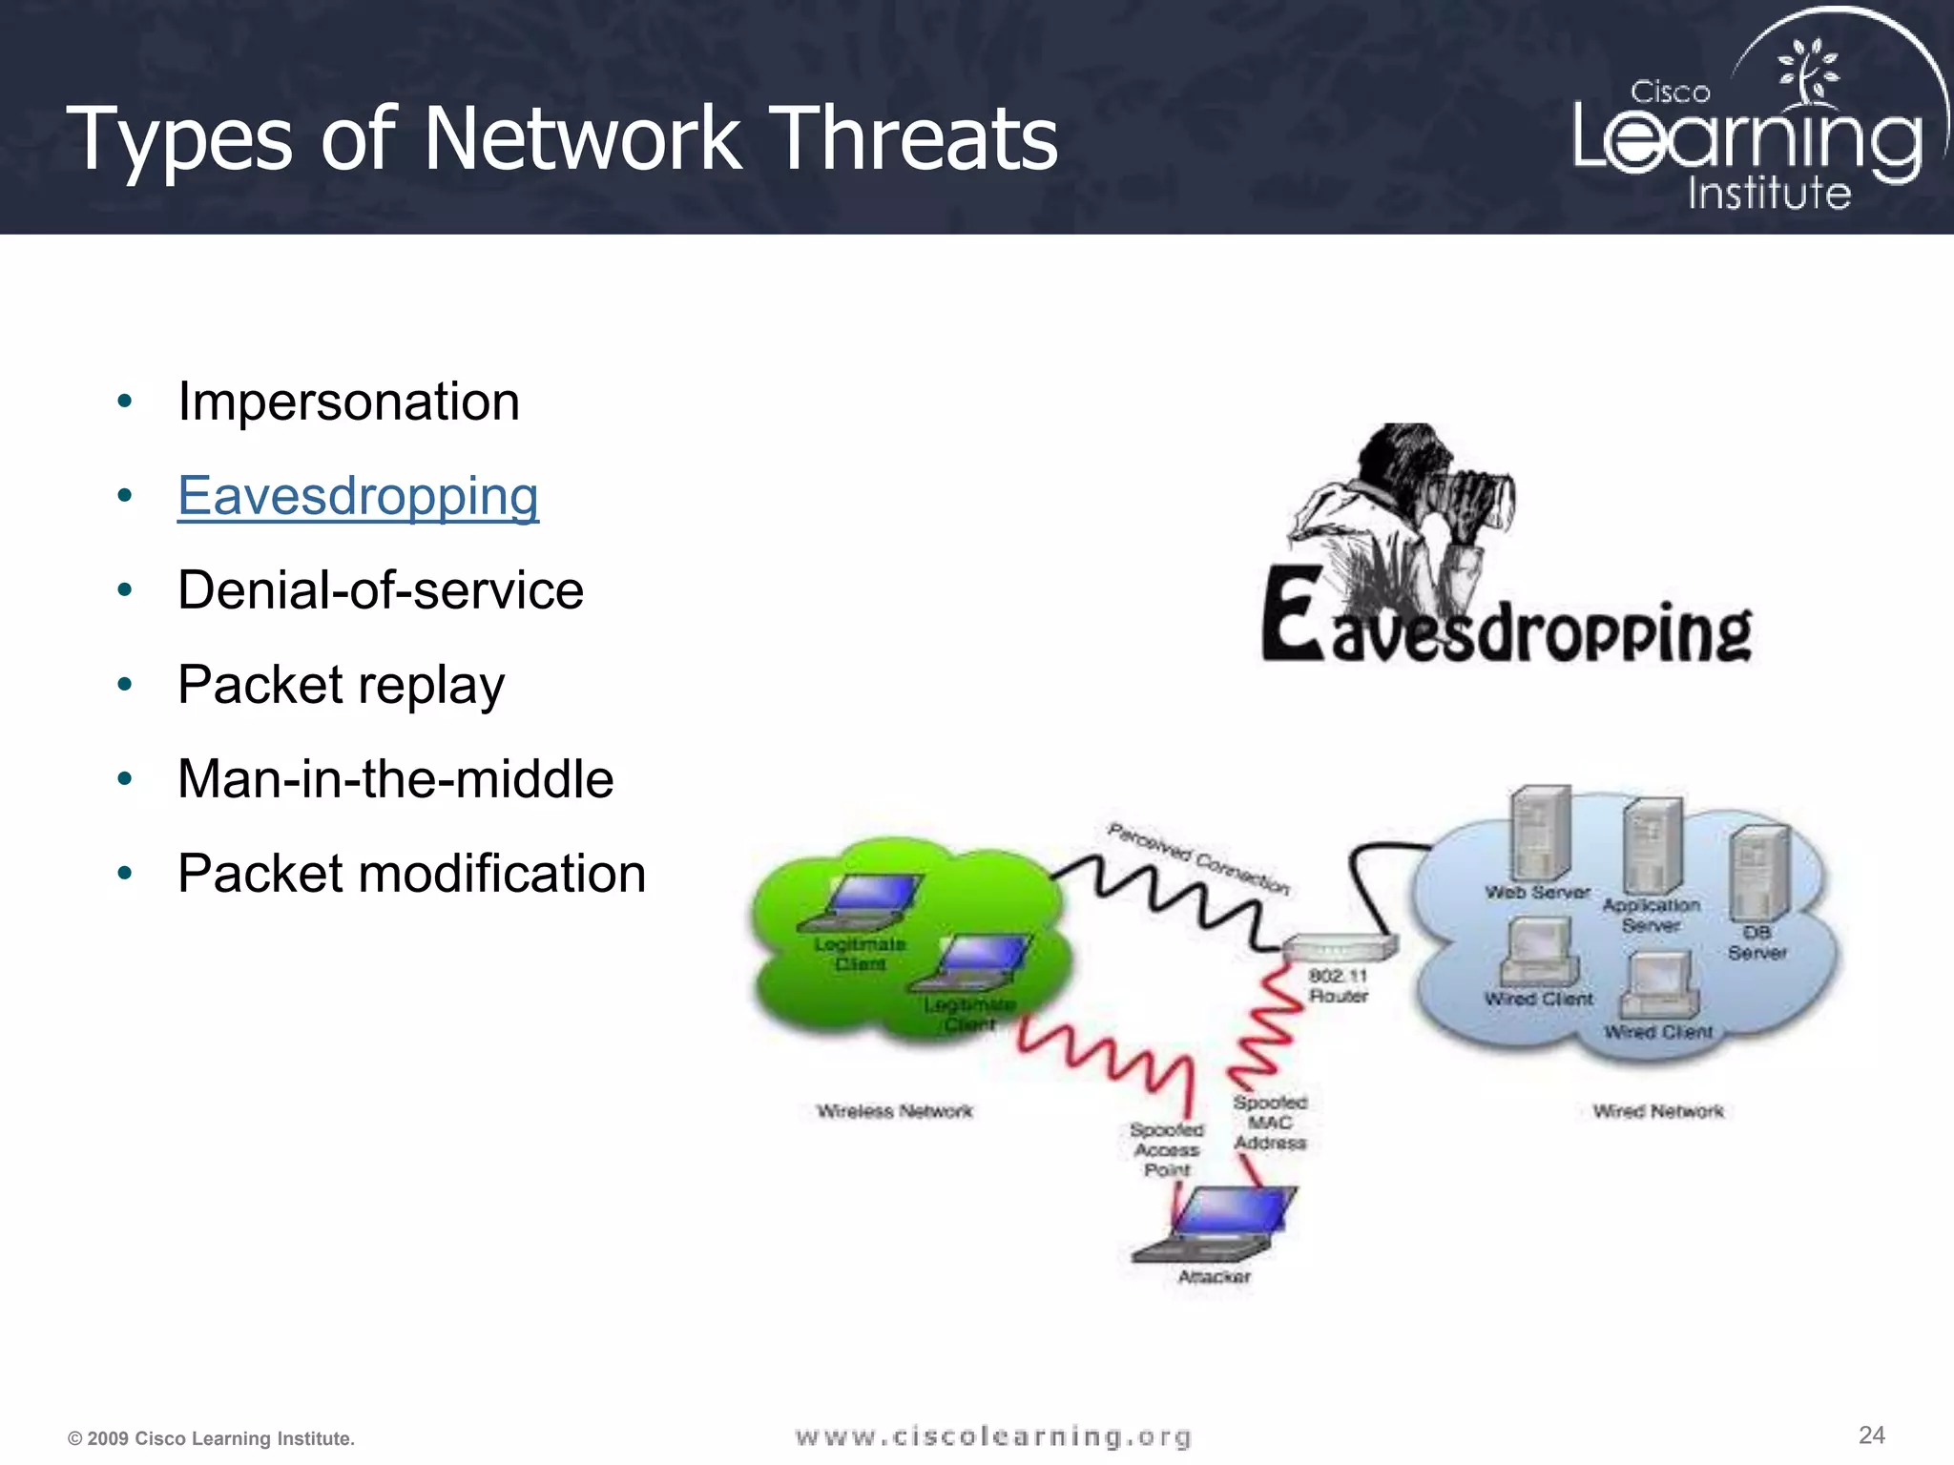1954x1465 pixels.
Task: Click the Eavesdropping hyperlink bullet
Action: point(358,496)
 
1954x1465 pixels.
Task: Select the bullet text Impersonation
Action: point(348,402)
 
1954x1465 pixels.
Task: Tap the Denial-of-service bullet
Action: point(380,590)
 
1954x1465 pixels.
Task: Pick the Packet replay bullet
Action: point(341,685)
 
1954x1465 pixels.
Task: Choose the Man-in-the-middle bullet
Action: point(395,779)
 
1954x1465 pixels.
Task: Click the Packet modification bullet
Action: point(411,874)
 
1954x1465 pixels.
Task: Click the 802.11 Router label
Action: point(1338,986)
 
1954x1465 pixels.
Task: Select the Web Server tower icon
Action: point(1539,833)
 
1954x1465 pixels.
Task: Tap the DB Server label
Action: point(1757,942)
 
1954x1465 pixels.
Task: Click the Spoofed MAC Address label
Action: point(1270,1123)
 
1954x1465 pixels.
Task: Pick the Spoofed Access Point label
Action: point(1167,1149)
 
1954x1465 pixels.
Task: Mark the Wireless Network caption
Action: point(894,1111)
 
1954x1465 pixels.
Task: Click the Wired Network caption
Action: point(1658,1111)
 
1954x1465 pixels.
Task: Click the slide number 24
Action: point(1871,1434)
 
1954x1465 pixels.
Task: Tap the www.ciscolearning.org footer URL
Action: point(992,1436)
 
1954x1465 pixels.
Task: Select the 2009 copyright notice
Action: point(211,1438)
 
